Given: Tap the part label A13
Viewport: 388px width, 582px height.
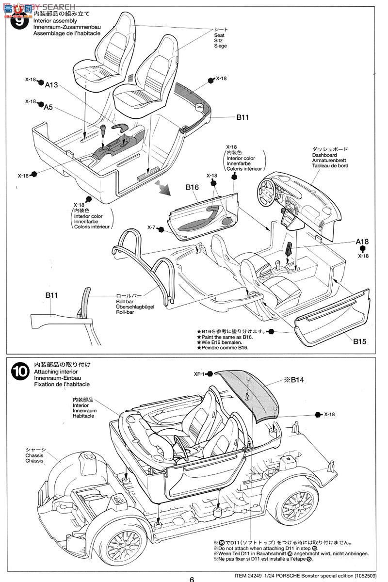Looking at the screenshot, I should [x=51, y=85].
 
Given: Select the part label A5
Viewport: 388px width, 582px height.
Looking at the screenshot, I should [x=48, y=107].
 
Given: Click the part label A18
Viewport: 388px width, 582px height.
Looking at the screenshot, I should [x=362, y=241].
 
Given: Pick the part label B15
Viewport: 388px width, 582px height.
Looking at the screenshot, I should [x=359, y=341].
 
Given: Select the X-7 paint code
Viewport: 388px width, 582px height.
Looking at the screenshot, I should [x=153, y=227].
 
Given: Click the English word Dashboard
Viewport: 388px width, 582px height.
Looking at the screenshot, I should [x=324, y=155].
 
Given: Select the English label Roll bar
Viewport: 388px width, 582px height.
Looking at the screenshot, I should [x=123, y=301].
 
